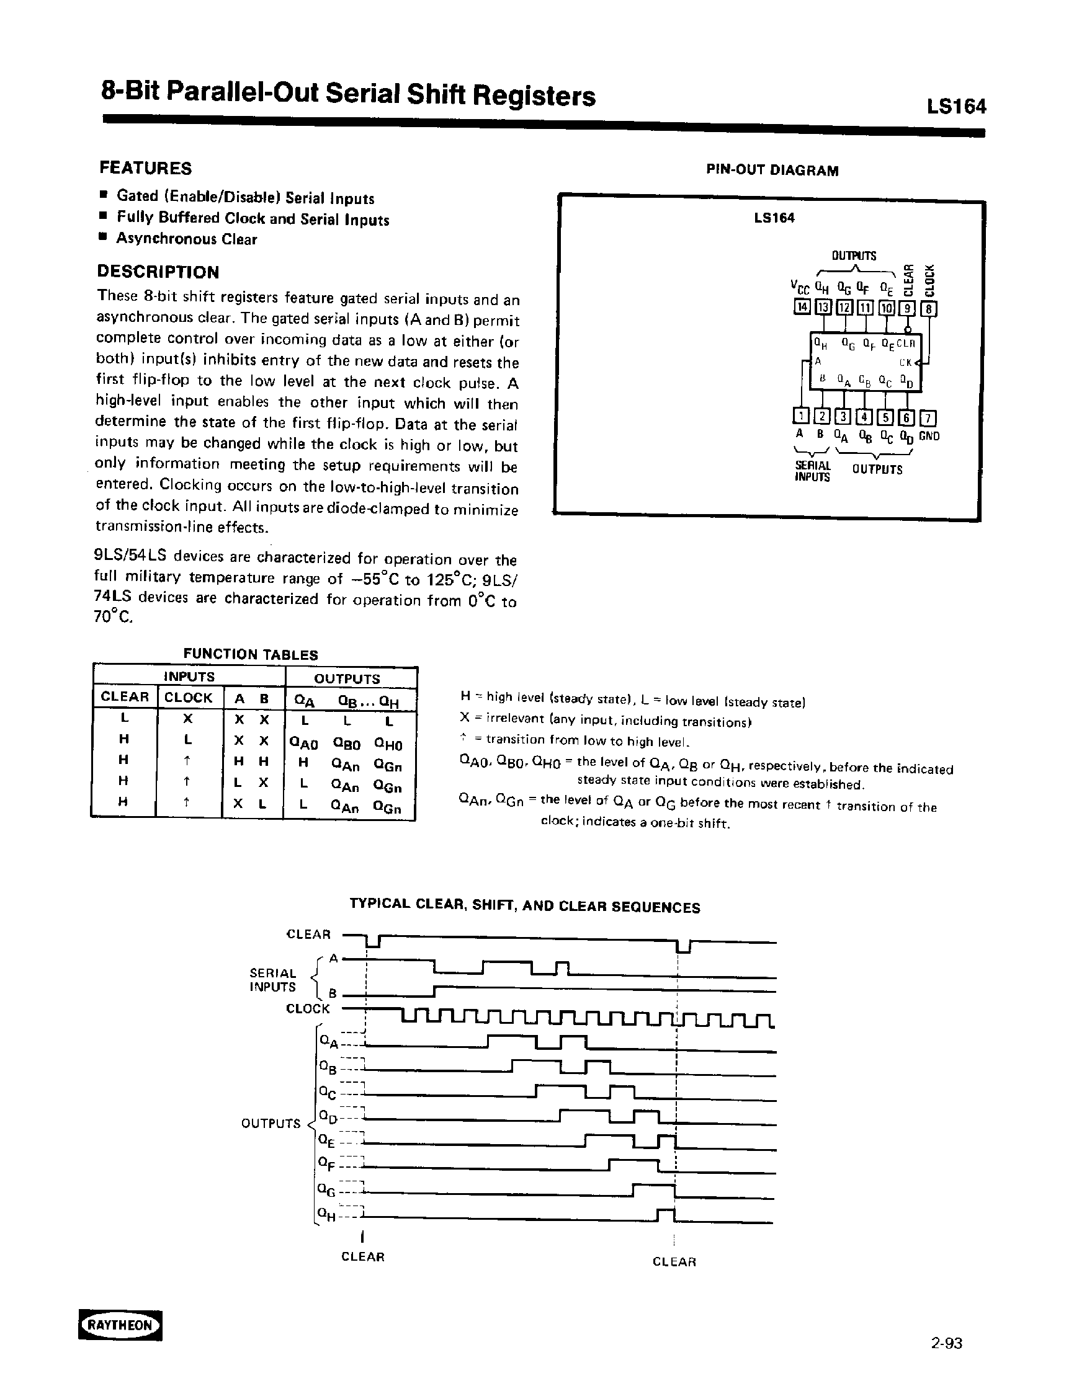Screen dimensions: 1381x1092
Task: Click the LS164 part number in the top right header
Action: click(x=956, y=106)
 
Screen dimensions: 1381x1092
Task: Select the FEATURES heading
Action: click(x=145, y=169)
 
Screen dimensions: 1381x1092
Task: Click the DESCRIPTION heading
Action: click(x=158, y=272)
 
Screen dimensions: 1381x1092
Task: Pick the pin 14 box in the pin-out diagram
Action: click(x=801, y=308)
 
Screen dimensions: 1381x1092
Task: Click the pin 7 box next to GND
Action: click(x=928, y=418)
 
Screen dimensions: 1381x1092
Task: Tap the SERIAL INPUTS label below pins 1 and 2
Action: click(x=812, y=471)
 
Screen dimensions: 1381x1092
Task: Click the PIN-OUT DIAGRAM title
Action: click(x=772, y=171)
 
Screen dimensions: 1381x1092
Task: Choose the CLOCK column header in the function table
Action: click(x=188, y=697)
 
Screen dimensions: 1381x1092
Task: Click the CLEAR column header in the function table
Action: click(x=125, y=697)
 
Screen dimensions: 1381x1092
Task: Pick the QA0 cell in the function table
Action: click(x=303, y=744)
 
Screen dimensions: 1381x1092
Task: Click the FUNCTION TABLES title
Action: click(x=250, y=654)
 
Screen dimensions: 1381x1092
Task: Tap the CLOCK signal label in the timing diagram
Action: click(x=308, y=1009)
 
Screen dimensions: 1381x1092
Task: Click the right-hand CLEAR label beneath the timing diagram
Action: click(x=674, y=1262)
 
